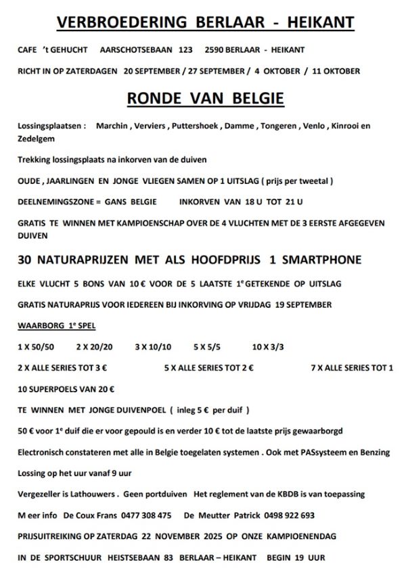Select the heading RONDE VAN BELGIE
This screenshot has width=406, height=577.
pos(205,99)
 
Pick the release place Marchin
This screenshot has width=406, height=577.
pos(110,126)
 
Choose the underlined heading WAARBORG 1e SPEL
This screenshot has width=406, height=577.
pos(56,325)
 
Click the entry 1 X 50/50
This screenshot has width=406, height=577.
pos(36,347)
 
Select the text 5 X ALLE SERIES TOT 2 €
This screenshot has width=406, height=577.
pos(208,368)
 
